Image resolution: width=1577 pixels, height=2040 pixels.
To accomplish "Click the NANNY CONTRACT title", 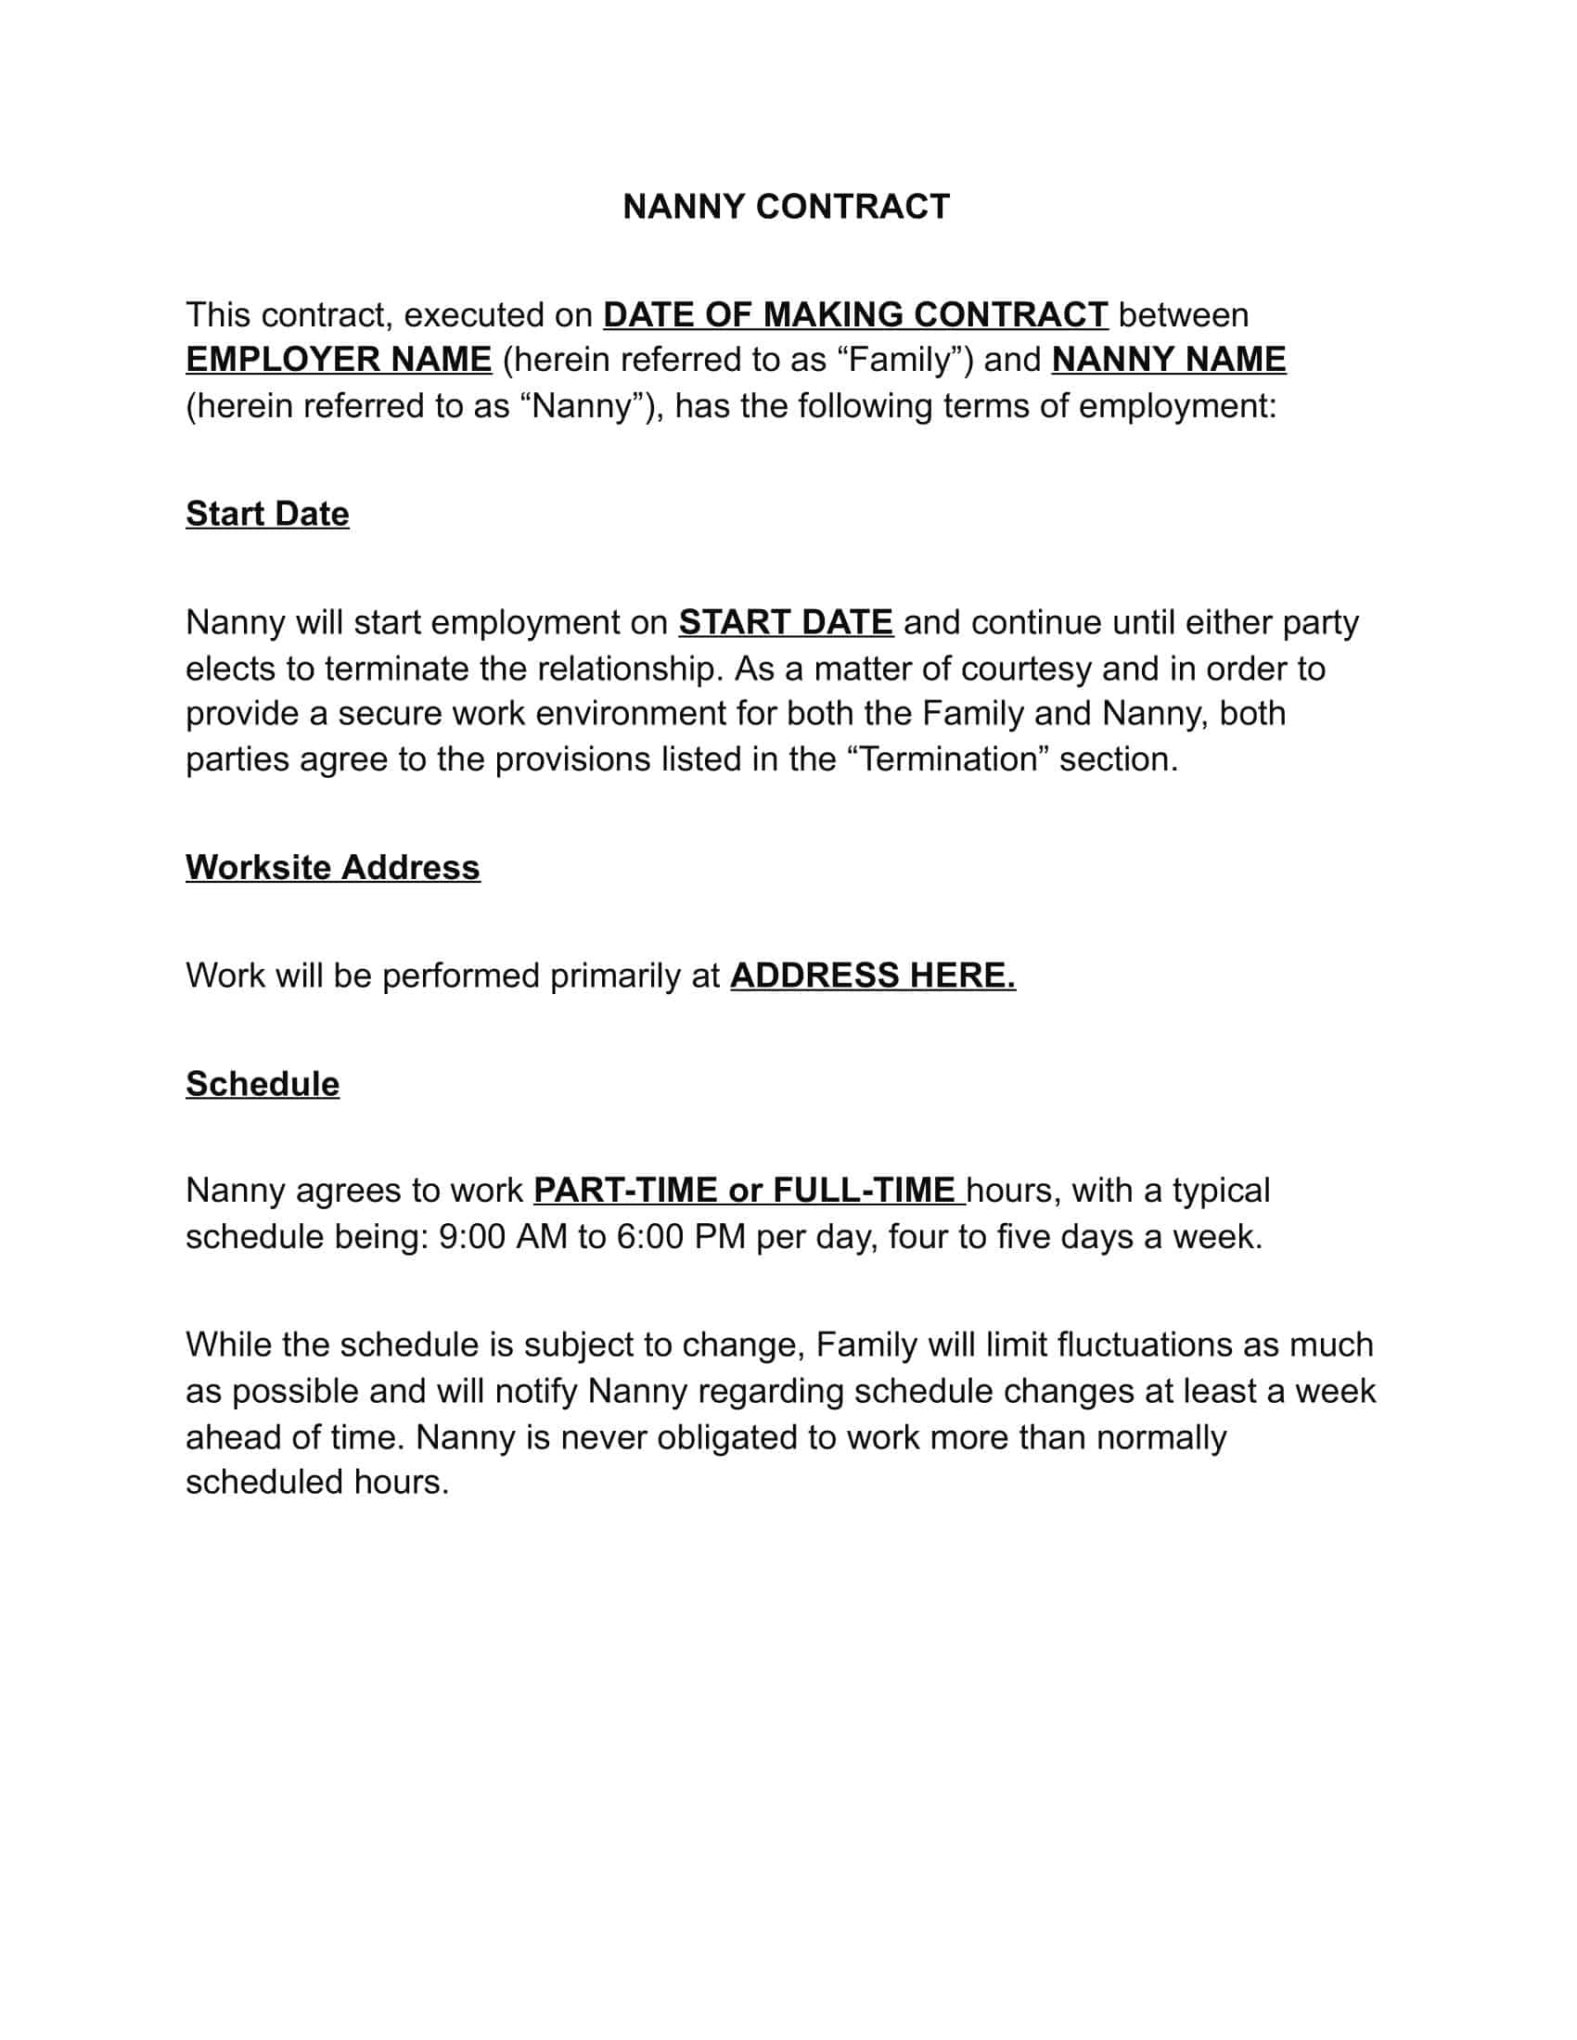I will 786,207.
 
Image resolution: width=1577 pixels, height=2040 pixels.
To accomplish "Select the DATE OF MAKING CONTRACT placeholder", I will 855,314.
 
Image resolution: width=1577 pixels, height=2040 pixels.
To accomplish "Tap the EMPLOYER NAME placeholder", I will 339,360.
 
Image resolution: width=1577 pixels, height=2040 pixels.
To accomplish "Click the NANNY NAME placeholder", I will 1168,360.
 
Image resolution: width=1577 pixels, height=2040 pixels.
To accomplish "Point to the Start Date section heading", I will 267,514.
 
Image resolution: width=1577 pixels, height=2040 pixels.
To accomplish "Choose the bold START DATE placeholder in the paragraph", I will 785,622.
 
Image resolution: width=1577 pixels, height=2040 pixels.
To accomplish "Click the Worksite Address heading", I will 333,867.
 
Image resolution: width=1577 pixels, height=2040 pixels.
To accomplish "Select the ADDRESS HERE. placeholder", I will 873,975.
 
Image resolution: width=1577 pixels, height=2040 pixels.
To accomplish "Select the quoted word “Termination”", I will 948,759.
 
